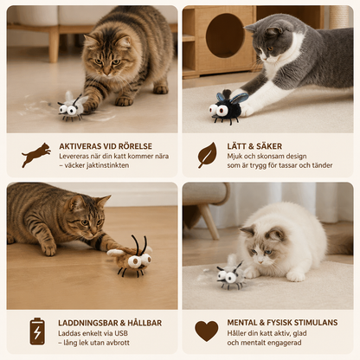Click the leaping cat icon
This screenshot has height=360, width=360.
click(x=36, y=155)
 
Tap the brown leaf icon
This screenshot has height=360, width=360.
click(x=207, y=155)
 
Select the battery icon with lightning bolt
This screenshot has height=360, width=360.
click(x=37, y=331)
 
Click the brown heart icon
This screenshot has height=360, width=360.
click(x=207, y=331)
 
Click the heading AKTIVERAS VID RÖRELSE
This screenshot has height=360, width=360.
click(x=106, y=146)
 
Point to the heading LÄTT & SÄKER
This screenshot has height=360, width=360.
click(x=254, y=146)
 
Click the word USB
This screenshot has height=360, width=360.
click(x=121, y=333)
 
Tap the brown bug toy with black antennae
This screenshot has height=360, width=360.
click(x=131, y=257)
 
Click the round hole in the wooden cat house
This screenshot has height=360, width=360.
click(x=225, y=35)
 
